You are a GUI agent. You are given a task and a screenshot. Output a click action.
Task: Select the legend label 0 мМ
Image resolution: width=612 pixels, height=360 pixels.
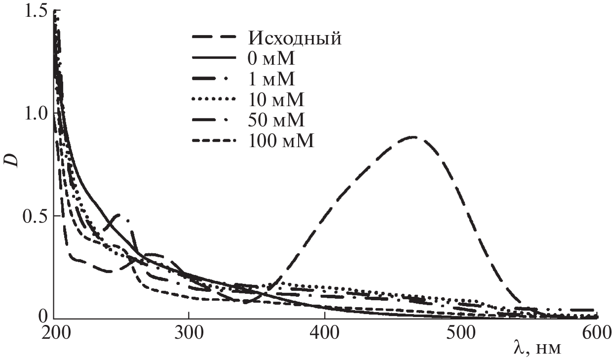tap(270, 59)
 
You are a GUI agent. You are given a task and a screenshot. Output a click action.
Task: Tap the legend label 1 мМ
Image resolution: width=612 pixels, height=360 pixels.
tap(270, 79)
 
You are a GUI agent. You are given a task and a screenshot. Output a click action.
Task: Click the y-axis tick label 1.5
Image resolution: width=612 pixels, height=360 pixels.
tap(35, 11)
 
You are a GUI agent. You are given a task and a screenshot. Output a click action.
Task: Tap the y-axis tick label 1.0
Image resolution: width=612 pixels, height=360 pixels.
tap(35, 113)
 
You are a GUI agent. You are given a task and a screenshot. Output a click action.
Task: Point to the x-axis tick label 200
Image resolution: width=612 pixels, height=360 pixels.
tap(53, 332)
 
